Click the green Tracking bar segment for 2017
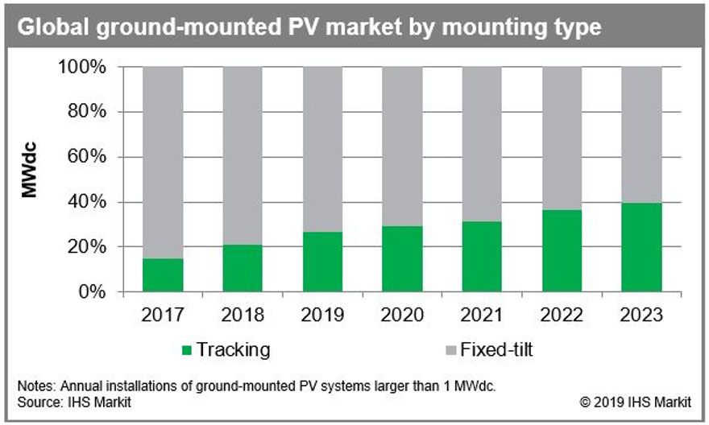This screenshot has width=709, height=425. [163, 274]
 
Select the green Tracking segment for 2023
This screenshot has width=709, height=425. [642, 247]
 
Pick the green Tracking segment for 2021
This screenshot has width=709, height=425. [483, 256]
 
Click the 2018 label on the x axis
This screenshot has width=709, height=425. [243, 314]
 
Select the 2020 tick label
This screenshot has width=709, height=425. [402, 314]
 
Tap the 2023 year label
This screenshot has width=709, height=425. [642, 314]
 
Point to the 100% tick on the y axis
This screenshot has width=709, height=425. [82, 67]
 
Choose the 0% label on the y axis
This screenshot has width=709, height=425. [91, 291]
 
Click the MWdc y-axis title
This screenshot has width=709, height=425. [30, 179]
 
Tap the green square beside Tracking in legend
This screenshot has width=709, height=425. [187, 350]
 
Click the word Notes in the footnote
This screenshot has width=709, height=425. [32, 386]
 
